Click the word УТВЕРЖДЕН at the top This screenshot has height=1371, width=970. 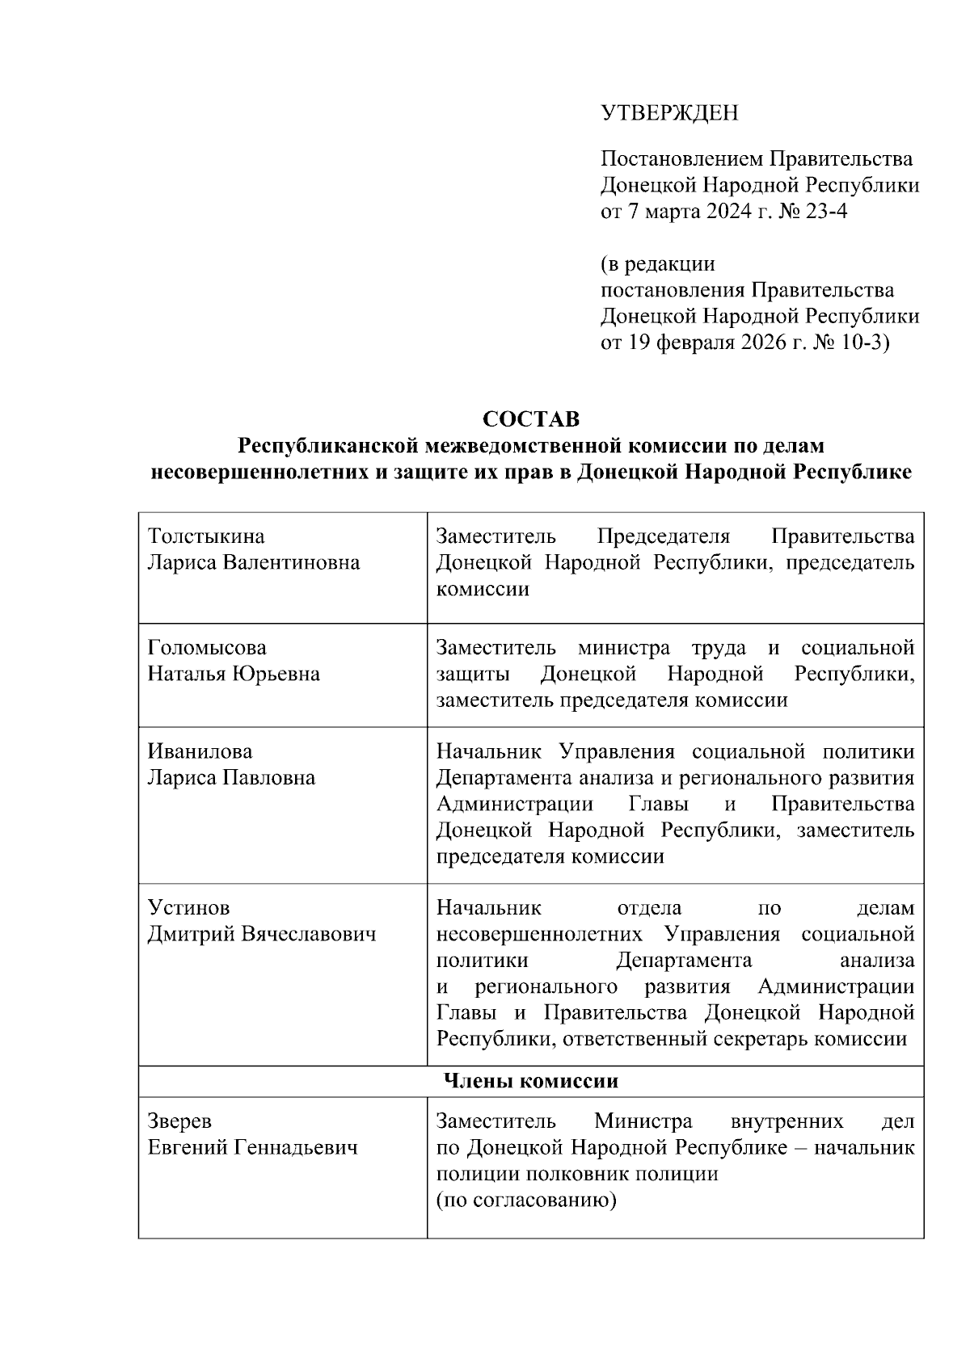click(x=669, y=113)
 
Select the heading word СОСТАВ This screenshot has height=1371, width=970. click(x=531, y=419)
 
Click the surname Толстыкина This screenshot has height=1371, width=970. click(x=206, y=536)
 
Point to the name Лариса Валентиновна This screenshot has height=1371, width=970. click(x=254, y=562)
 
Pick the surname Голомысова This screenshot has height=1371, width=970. click(x=207, y=648)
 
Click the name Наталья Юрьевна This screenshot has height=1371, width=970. click(x=234, y=674)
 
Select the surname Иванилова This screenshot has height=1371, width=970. click(x=200, y=752)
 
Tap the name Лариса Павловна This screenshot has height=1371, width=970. click(x=231, y=778)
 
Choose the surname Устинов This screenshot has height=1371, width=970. click(x=183, y=908)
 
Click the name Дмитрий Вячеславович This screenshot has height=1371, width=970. click(x=262, y=935)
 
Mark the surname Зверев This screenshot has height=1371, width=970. click(x=179, y=1121)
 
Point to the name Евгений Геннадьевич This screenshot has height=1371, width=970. click(x=252, y=1147)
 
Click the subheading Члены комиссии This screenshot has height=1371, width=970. click(x=531, y=1081)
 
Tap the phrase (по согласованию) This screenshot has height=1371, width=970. click(x=526, y=1200)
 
